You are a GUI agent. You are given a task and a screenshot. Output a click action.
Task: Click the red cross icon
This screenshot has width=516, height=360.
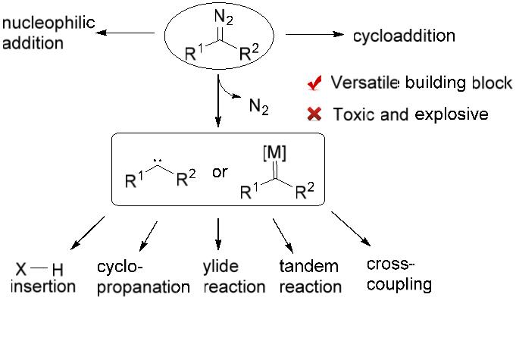(x=312, y=114)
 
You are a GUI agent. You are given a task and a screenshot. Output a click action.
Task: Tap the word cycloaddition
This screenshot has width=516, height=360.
(x=404, y=36)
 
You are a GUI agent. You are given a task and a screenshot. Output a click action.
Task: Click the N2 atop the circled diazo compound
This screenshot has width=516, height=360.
(x=224, y=16)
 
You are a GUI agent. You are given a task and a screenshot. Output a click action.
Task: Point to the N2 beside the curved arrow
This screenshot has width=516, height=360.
(x=258, y=106)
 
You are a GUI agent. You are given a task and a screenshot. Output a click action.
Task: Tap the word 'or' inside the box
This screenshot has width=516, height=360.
(x=220, y=173)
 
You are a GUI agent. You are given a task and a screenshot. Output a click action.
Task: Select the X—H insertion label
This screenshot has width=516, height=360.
(x=45, y=278)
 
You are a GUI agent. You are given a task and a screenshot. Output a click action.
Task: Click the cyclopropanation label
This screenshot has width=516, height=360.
(x=143, y=277)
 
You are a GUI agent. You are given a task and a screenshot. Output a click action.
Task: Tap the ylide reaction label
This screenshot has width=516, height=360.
(x=234, y=277)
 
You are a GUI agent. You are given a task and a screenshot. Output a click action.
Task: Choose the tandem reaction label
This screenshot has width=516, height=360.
(x=310, y=277)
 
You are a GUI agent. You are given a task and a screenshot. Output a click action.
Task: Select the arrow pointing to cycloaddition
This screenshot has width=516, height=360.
(x=314, y=35)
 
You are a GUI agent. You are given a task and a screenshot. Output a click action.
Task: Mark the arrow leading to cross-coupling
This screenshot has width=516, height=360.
(x=350, y=227)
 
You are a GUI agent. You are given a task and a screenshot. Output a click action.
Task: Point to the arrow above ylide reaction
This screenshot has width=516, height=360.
(x=218, y=233)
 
